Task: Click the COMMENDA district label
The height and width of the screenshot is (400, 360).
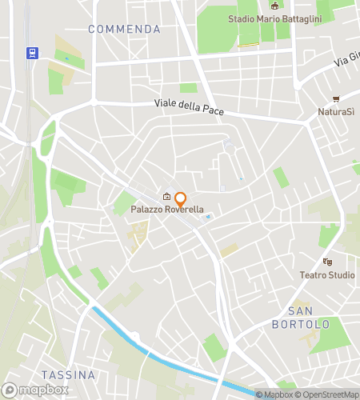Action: tap(124, 29)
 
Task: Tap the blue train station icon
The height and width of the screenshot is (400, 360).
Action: tap(32, 53)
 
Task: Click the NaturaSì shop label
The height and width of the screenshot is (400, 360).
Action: tap(336, 111)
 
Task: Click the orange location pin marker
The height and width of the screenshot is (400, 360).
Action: tap(181, 199)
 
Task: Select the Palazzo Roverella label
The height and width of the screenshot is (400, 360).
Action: tap(168, 210)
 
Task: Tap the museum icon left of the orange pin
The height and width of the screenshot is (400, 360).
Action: tap(166, 198)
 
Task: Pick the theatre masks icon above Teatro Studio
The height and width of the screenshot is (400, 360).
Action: tap(327, 262)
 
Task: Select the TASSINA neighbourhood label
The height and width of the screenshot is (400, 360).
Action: tap(68, 374)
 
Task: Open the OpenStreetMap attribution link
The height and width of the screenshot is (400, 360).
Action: tap(329, 394)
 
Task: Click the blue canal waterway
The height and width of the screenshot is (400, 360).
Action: tap(160, 352)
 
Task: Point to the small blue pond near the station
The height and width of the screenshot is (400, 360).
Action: tap(66, 58)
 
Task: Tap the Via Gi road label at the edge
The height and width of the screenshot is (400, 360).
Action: tap(346, 58)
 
